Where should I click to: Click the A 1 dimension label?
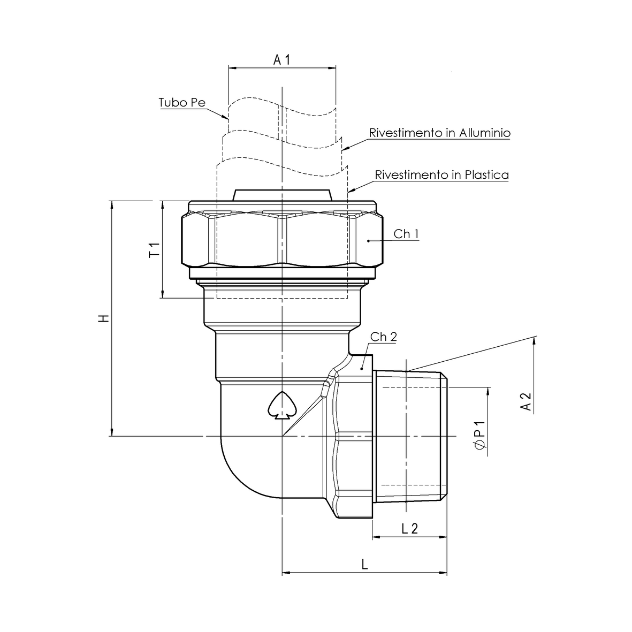click(x=281, y=59)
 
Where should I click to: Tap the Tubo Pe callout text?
click(x=182, y=102)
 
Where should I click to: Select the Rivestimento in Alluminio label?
click(x=439, y=133)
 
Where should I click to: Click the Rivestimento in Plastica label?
click(x=441, y=174)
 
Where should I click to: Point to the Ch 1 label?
click(x=406, y=234)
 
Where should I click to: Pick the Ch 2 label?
click(x=384, y=337)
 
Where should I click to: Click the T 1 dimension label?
click(x=154, y=249)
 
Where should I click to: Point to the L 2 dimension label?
click(x=409, y=529)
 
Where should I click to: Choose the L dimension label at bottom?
click(x=364, y=565)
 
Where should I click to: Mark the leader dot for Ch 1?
click(x=369, y=241)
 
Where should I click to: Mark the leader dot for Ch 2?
click(x=362, y=368)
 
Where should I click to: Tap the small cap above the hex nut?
click(x=282, y=195)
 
